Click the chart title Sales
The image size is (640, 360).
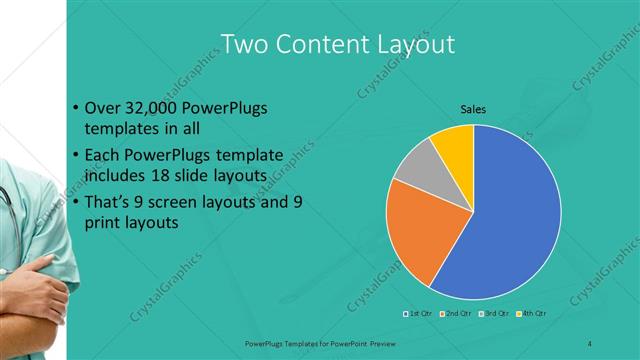point(473,109)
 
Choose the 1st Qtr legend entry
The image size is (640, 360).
point(419,313)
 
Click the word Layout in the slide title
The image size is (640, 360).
point(409,44)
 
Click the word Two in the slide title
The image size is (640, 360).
point(244,44)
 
